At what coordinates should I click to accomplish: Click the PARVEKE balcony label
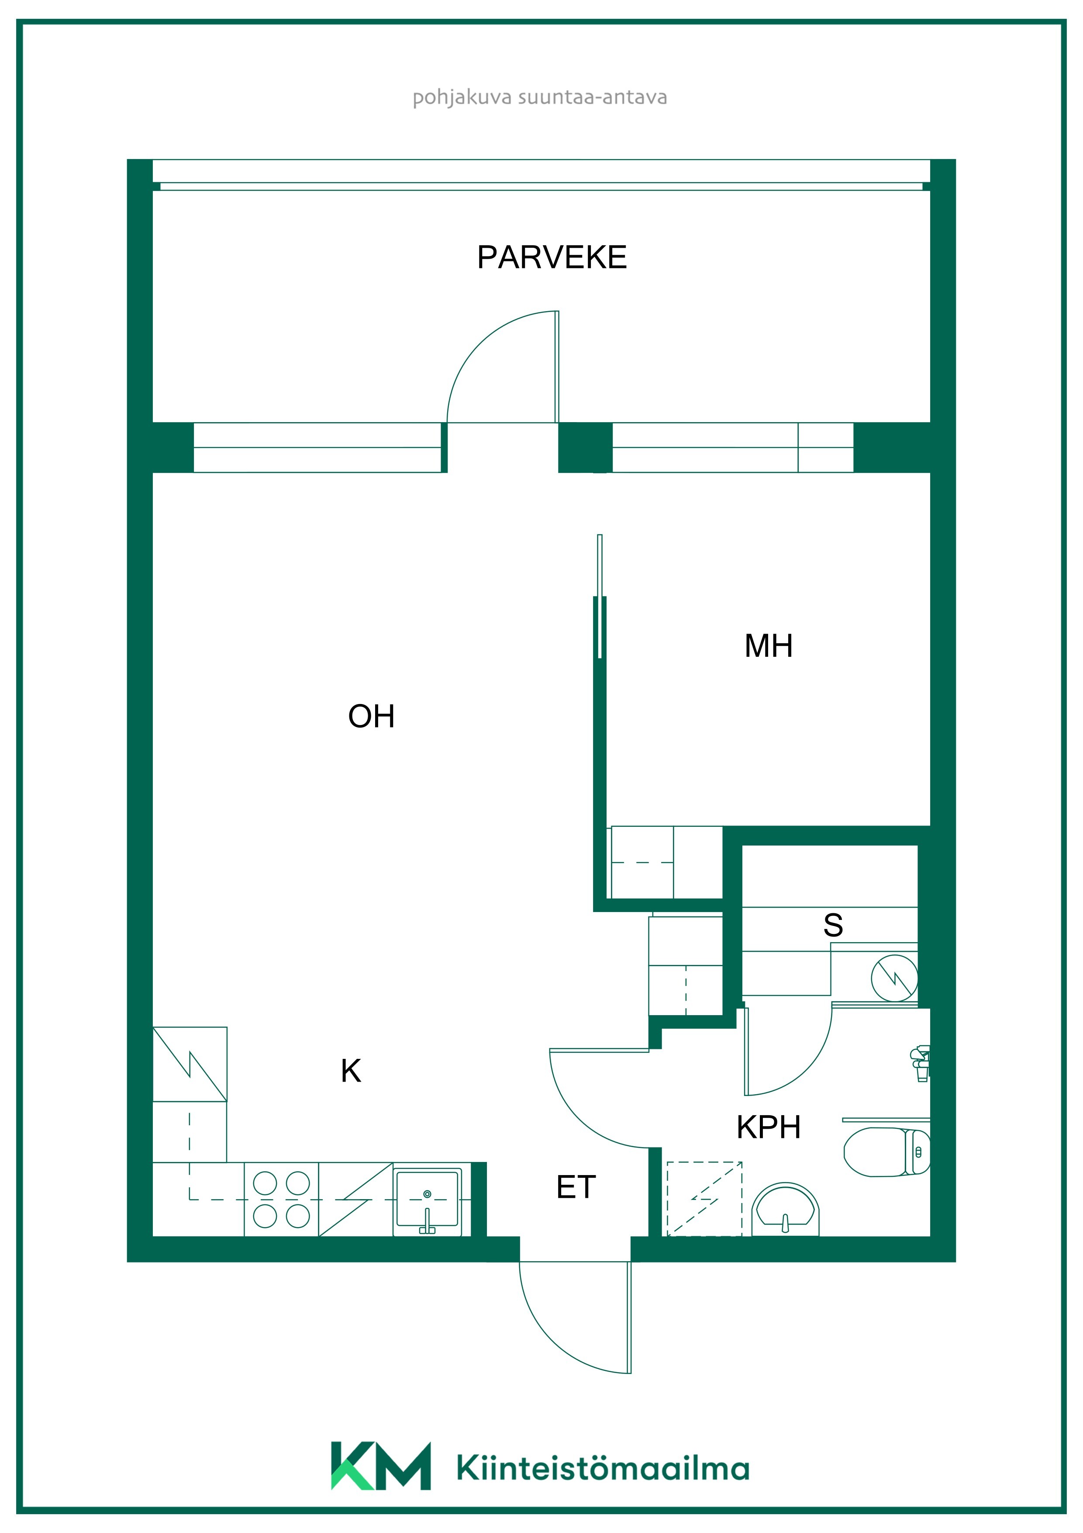[552, 257]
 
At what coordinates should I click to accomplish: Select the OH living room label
[372, 716]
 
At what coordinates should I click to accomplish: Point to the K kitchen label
[351, 1071]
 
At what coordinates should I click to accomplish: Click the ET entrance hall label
[576, 1187]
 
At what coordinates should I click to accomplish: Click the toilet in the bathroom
[887, 1152]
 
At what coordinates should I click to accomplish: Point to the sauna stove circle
[894, 978]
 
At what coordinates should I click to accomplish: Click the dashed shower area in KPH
[705, 1199]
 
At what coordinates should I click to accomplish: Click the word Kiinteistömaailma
[603, 1468]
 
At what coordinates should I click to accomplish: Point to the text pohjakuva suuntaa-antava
[540, 97]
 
